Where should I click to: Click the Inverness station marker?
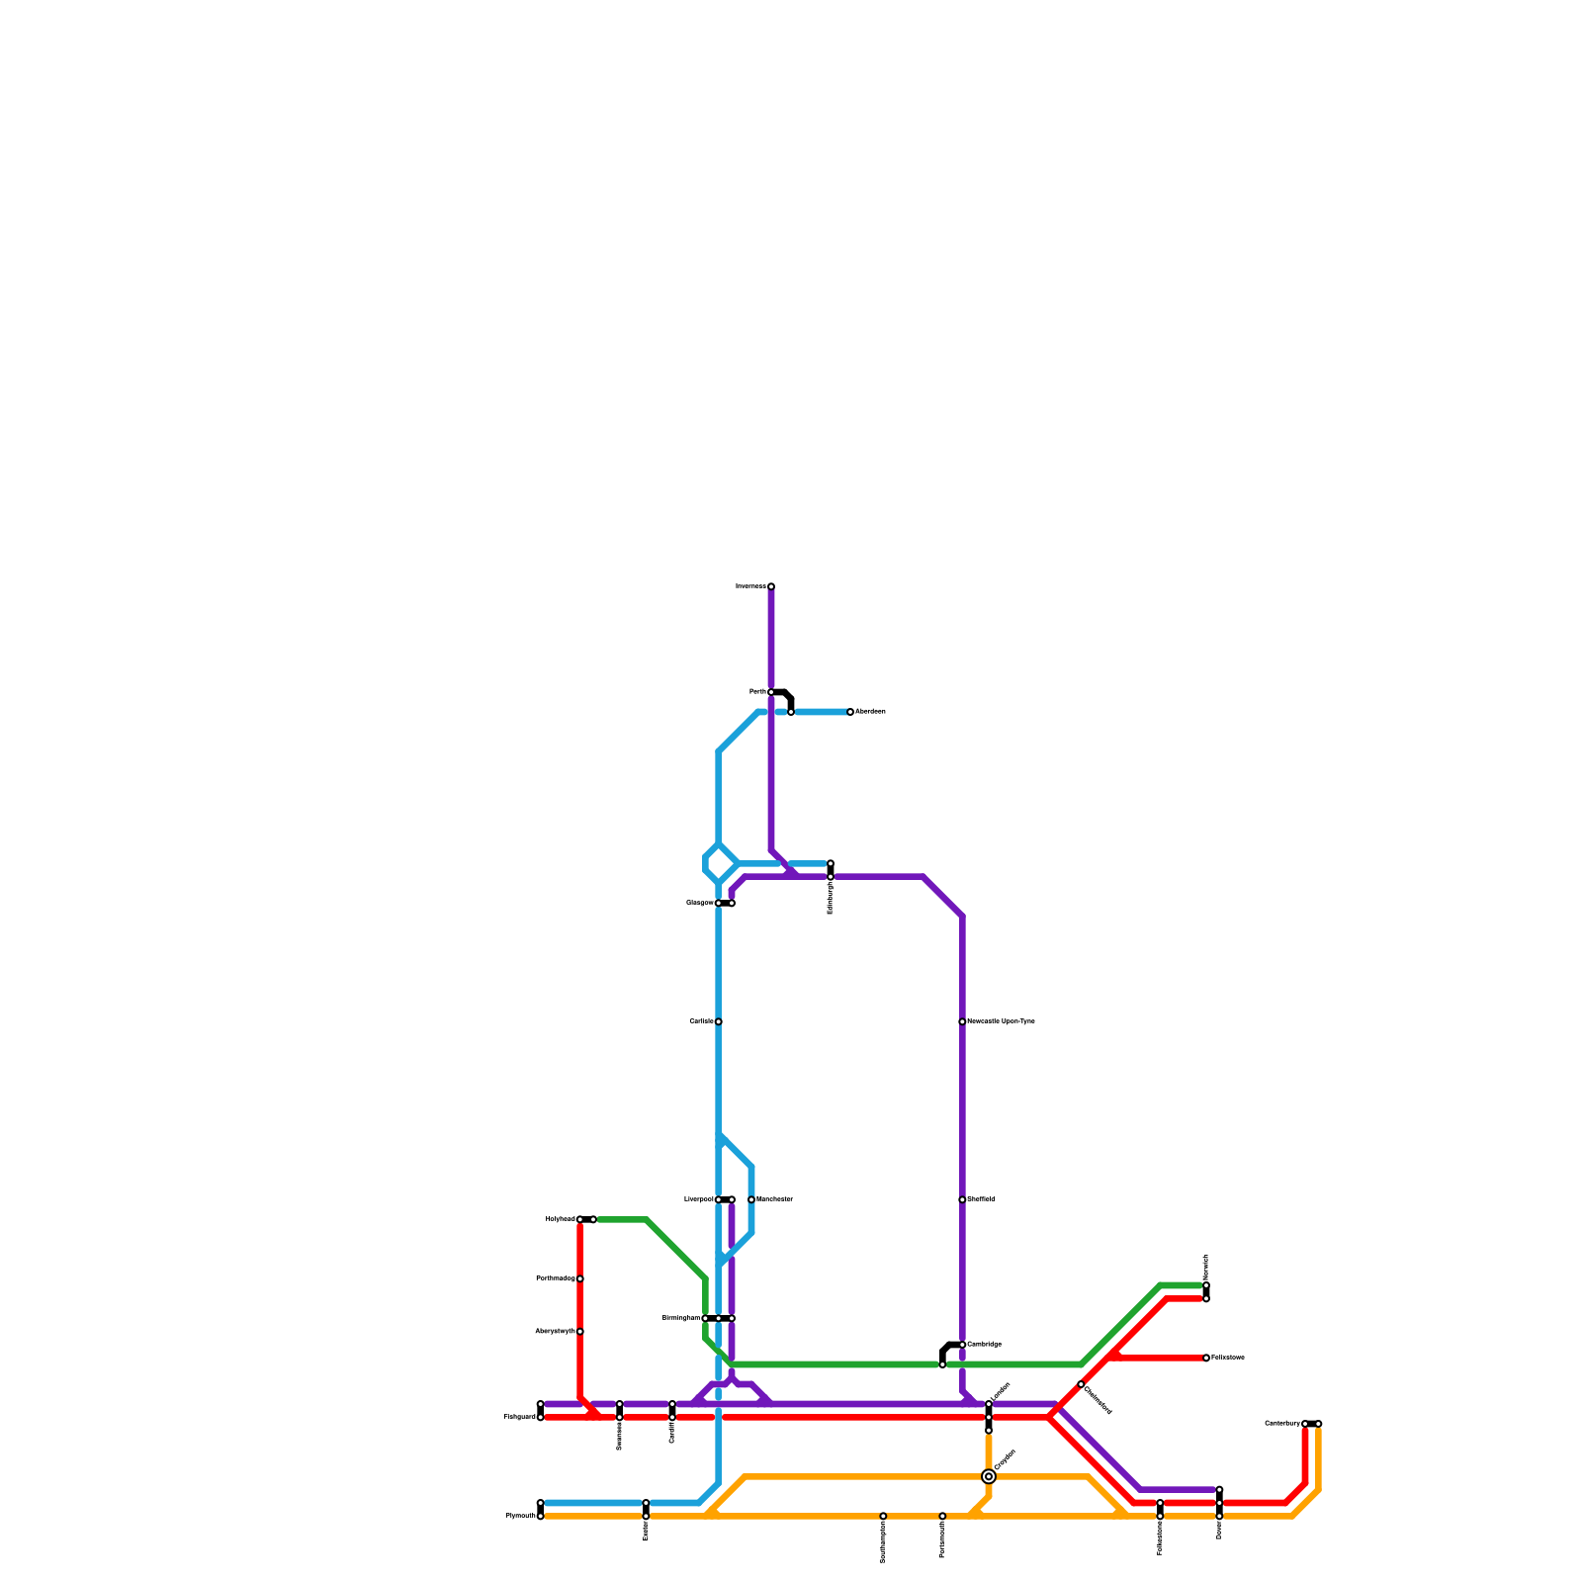tap(771, 586)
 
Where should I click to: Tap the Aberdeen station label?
tap(870, 712)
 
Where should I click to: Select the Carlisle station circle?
tap(719, 1021)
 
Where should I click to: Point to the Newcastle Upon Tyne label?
tap(1001, 1021)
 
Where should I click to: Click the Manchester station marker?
tap(751, 1199)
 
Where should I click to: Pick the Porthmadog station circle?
tap(580, 1278)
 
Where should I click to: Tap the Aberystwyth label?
tap(555, 1332)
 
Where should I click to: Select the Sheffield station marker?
tap(962, 1199)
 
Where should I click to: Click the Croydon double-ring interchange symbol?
tap(989, 1476)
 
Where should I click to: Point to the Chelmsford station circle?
tap(1081, 1384)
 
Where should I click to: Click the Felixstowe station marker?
tap(1206, 1358)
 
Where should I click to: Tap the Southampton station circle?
tap(883, 1516)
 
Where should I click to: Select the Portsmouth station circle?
tap(942, 1516)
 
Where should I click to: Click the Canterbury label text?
tap(1282, 1424)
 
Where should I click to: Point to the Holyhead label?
tap(560, 1219)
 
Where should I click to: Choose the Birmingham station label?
tap(681, 1318)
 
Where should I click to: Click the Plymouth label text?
tap(520, 1516)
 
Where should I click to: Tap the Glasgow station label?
tap(699, 903)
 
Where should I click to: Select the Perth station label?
tap(757, 692)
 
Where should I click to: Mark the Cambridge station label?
tap(984, 1345)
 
